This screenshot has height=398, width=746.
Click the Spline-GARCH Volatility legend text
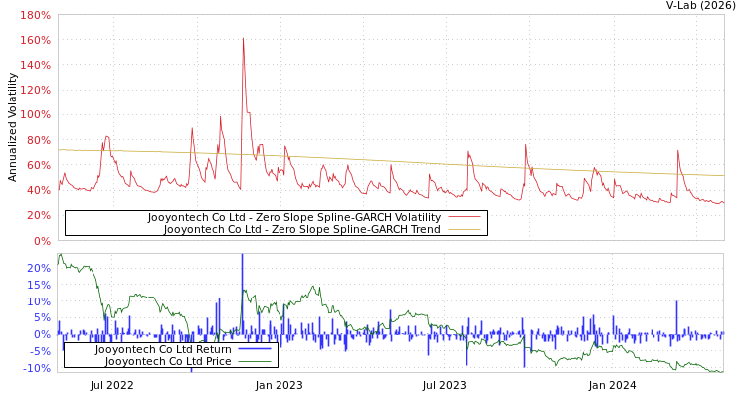[293, 217]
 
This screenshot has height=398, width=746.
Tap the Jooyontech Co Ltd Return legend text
[163, 349]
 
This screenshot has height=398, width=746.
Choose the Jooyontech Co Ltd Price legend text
[168, 361]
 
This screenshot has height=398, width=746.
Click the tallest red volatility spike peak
[243, 39]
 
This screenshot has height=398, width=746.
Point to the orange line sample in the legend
[465, 229]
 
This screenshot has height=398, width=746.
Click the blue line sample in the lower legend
[256, 349]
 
